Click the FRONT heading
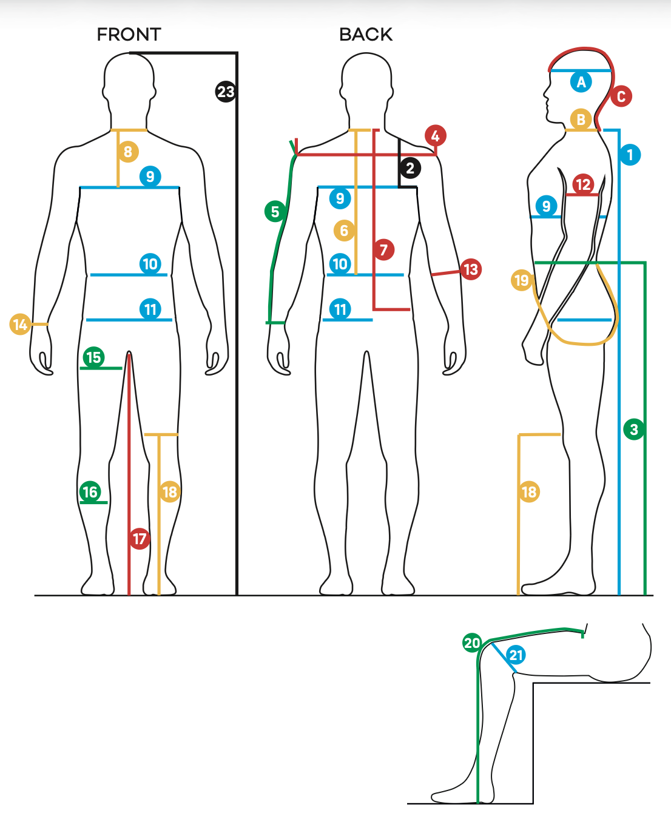[129, 35]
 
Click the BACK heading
[366, 35]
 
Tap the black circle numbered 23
[226, 92]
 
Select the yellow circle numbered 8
[127, 152]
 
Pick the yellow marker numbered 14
[20, 324]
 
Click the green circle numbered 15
[93, 357]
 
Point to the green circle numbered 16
[90, 491]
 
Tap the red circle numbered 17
[140, 538]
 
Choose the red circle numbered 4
[435, 136]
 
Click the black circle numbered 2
[410, 168]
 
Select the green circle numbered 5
[275, 211]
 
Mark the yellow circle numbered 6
[344, 231]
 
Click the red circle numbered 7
[383, 249]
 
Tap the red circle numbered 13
[471, 269]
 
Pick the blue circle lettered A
[581, 81]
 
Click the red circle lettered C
[621, 96]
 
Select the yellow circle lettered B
[581, 120]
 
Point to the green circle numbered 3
[634, 430]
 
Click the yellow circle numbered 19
[522, 280]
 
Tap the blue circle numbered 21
[516, 655]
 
